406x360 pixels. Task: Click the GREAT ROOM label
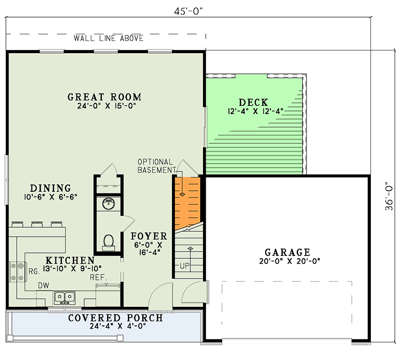pyautogui.click(x=104, y=97)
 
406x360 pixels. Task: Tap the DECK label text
pyautogui.click(x=253, y=102)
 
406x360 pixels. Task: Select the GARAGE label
pyautogui.click(x=287, y=252)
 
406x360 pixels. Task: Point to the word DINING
pyautogui.click(x=50, y=188)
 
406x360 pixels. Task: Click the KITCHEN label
pyautogui.click(x=70, y=260)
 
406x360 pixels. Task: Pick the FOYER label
pyautogui.click(x=149, y=236)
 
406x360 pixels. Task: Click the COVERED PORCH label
pyautogui.click(x=115, y=318)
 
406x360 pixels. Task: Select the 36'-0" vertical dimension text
pyautogui.click(x=389, y=196)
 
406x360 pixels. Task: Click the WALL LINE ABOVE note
pyautogui.click(x=108, y=38)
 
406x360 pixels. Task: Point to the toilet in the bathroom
pyautogui.click(x=108, y=242)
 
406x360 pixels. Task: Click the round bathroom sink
pyautogui.click(x=108, y=203)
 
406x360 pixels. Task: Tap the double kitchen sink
pyautogui.click(x=65, y=297)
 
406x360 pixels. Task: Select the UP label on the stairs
pyautogui.click(x=185, y=266)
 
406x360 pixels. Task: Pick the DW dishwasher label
pyautogui.click(x=43, y=285)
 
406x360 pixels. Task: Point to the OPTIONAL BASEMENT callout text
pyautogui.click(x=155, y=166)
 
